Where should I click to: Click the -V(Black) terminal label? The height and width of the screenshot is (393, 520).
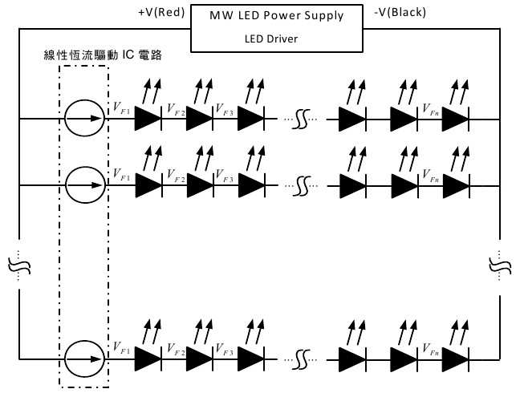[400, 13]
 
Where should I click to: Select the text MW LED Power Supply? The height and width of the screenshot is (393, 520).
[276, 15]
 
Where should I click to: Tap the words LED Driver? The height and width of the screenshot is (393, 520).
[271, 38]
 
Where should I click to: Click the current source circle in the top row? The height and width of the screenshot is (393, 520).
[83, 119]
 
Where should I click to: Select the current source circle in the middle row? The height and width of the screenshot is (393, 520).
[83, 185]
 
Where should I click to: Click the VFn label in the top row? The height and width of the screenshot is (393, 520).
[429, 107]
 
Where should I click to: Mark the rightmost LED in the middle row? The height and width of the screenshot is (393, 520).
[455, 185]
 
